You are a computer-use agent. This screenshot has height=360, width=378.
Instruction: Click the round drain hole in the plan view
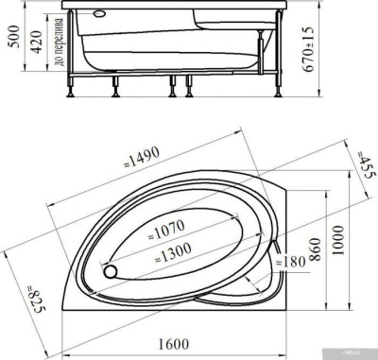coord(112,271)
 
